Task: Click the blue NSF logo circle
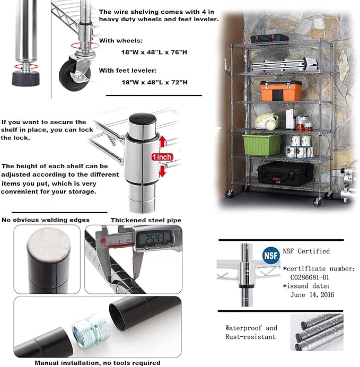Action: tap(270, 255)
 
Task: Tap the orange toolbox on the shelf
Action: tap(280, 91)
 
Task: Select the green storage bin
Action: tap(262, 145)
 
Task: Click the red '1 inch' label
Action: tap(162, 157)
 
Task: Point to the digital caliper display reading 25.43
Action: tap(154, 239)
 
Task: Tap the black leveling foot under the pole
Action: tap(26, 78)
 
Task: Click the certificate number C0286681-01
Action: tap(310, 277)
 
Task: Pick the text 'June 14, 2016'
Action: tap(312, 295)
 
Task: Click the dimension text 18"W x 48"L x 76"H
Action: tap(154, 52)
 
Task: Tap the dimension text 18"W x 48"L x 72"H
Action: tap(154, 82)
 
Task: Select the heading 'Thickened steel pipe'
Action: tap(146, 220)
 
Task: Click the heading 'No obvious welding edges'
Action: tap(46, 220)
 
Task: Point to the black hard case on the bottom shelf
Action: tap(285, 173)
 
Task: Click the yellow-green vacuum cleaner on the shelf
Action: tap(267, 121)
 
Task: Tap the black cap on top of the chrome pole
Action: tap(143, 119)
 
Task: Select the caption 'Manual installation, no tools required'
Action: tap(98, 363)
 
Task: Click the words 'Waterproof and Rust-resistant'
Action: tap(251, 333)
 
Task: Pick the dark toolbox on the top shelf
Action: tap(269, 38)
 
